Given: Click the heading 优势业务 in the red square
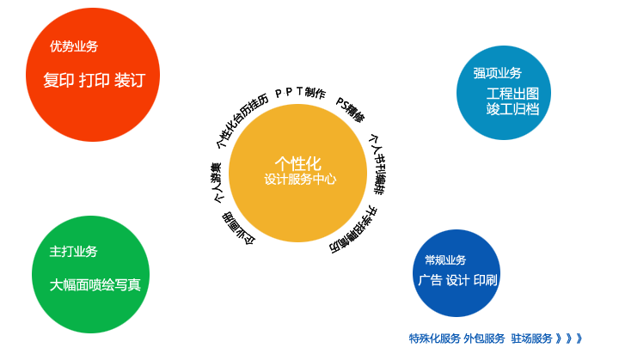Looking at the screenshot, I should (74, 46).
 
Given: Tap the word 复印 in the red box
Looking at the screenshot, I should (58, 81).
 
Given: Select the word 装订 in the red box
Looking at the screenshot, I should (130, 81).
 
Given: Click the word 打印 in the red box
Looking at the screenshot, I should (95, 81).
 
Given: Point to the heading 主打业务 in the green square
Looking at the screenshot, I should (73, 252).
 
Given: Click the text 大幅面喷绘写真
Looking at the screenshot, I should (95, 284).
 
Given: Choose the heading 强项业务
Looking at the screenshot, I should (497, 73).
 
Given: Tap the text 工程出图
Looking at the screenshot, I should (512, 94).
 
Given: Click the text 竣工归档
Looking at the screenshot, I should (512, 109).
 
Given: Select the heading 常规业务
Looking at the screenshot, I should (445, 259).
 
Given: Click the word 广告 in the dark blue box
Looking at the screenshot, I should (430, 280).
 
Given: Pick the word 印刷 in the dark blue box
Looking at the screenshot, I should (485, 280).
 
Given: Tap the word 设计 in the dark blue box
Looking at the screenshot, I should (457, 280).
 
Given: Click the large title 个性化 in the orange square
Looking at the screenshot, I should (297, 162).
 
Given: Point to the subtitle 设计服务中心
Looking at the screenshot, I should (300, 180).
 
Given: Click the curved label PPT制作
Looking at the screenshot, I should (300, 93).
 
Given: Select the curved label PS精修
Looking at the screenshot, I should (350, 111).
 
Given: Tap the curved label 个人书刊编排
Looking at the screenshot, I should (377, 164).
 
